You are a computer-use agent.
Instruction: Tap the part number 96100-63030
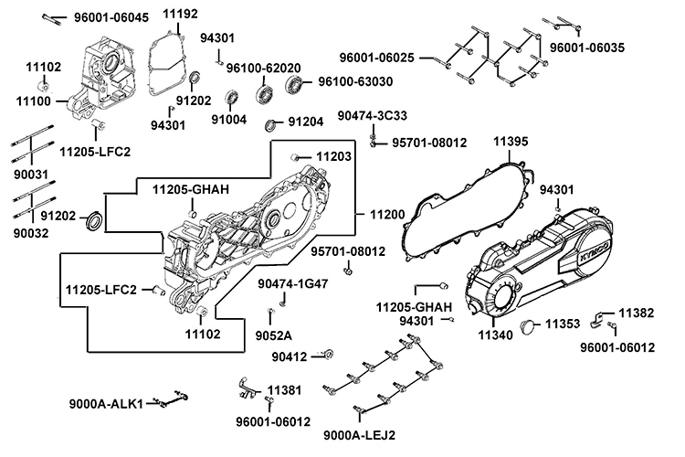(x=355, y=82)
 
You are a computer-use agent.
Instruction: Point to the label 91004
(x=229, y=119)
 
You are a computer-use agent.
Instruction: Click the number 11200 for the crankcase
(x=387, y=213)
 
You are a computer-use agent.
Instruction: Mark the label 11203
(x=333, y=157)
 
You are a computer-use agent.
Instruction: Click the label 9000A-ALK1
(x=106, y=404)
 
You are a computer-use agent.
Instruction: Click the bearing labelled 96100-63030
(x=296, y=85)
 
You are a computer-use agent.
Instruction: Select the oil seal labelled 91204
(x=271, y=124)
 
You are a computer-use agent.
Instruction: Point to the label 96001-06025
(x=377, y=58)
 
